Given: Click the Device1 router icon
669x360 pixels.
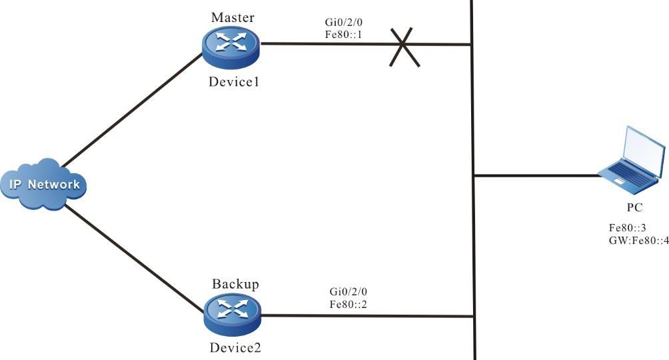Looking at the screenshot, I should [231, 44].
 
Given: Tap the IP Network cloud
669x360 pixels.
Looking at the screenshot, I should [44, 184].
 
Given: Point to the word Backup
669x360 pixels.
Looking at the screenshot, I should [235, 284].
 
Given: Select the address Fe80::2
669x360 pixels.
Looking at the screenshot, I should [347, 303].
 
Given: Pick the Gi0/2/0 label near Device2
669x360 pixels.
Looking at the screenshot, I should [347, 292].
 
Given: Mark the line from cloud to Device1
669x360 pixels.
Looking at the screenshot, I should [133, 110].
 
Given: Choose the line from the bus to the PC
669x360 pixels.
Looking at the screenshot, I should [536, 176].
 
